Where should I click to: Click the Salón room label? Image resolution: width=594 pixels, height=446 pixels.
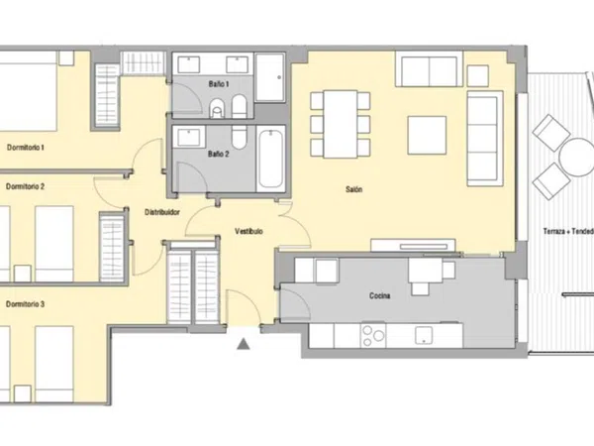(x=353, y=189)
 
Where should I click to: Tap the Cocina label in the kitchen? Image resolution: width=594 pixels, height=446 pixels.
(x=379, y=295)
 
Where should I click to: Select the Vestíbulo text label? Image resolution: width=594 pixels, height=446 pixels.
(x=248, y=231)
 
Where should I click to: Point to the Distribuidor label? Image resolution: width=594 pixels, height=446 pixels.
(x=162, y=212)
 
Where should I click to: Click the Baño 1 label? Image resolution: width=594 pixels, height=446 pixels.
(x=219, y=84)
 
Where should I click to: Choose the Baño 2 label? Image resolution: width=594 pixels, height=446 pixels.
(x=219, y=154)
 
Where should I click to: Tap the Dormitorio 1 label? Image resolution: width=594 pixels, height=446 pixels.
(x=26, y=147)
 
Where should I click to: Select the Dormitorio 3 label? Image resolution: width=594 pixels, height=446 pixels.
(x=26, y=304)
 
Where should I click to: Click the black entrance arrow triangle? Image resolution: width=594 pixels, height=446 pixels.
(x=244, y=344)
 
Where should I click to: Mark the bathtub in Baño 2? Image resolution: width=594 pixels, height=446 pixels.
(x=271, y=159)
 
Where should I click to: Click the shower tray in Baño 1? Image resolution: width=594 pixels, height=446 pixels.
(x=269, y=77)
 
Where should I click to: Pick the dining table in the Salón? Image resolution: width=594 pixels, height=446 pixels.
(x=341, y=124)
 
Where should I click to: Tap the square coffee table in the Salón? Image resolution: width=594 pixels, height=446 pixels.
(x=427, y=136)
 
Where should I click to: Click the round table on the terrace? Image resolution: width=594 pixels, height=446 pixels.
(x=576, y=157)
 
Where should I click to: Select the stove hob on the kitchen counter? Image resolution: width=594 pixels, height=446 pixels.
(x=373, y=335)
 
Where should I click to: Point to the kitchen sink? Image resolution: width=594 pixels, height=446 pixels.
(x=424, y=336)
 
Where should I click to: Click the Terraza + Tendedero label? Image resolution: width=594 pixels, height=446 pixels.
(x=568, y=231)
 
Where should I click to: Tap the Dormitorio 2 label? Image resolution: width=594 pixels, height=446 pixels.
(x=26, y=186)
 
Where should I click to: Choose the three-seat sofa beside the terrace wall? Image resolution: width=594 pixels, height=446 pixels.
(x=485, y=139)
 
